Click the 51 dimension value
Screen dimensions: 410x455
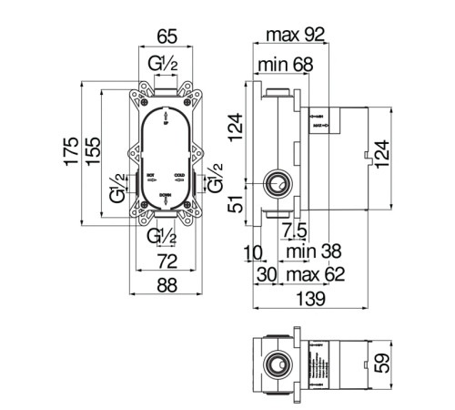click(235, 205)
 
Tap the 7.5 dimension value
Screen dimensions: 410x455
click(293, 228)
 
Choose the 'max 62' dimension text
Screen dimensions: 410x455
click(311, 274)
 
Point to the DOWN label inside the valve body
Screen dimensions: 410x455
click(165, 195)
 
